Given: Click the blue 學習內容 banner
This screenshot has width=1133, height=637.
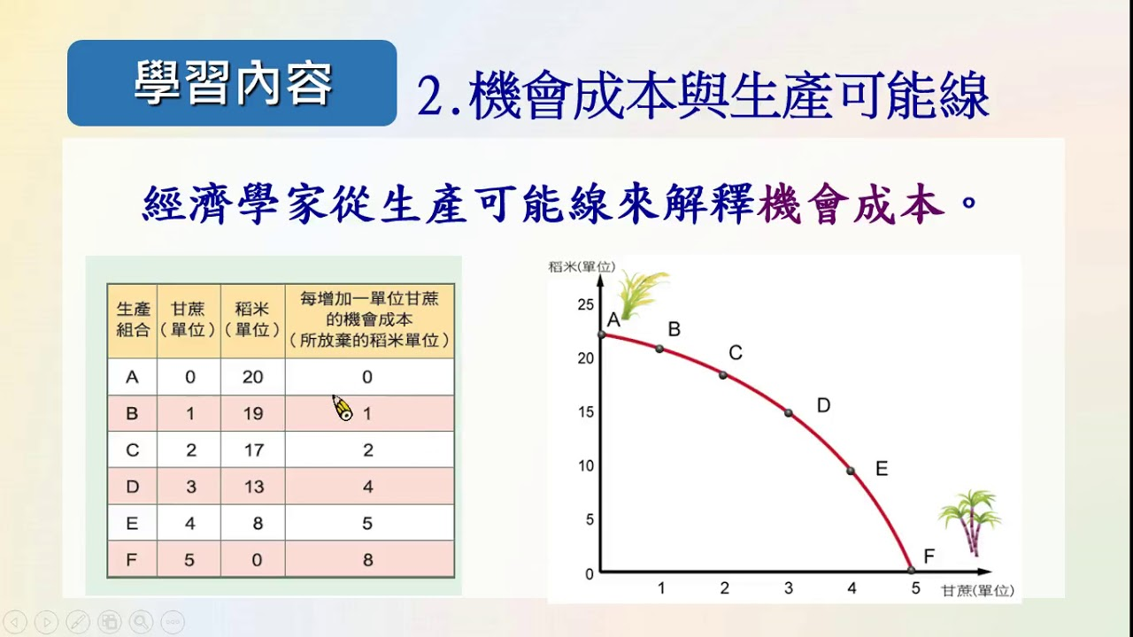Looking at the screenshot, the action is pos(232,83).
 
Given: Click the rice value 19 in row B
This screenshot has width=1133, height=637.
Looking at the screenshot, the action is pos(253,413).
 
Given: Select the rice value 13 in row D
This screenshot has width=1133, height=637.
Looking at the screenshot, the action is pos(253,487).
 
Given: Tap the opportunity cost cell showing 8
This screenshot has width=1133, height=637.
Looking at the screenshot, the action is pos(367,560).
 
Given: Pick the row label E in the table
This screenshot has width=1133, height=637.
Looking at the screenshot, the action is pos(132,523).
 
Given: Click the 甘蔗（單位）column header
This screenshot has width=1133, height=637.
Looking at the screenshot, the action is pos(189,319).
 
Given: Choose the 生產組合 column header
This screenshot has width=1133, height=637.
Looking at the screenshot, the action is pos(133,319).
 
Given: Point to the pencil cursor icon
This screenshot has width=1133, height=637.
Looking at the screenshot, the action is pos(343,408).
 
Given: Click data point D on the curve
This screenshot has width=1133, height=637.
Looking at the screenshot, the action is pos(789,413).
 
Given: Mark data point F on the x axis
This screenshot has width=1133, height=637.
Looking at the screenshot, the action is pos(911,571).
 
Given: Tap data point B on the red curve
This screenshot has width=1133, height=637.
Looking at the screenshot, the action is pos(659,349).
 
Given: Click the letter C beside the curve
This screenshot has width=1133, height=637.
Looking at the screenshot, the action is pos(736,352).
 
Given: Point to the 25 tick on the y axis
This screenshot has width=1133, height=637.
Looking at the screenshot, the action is pos(586,305).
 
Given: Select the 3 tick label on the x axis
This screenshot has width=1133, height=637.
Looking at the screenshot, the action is pos(789,588).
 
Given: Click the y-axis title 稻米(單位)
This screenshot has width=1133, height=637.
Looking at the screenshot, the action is pos(582,266).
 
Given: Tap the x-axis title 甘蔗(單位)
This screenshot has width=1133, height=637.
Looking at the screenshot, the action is pos(978,590).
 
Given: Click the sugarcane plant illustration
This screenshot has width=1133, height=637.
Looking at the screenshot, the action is pos(970,522).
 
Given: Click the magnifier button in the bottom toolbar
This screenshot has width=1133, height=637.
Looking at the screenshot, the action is pos(141,621).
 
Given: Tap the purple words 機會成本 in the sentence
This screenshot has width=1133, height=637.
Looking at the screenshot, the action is pos(851,203).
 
